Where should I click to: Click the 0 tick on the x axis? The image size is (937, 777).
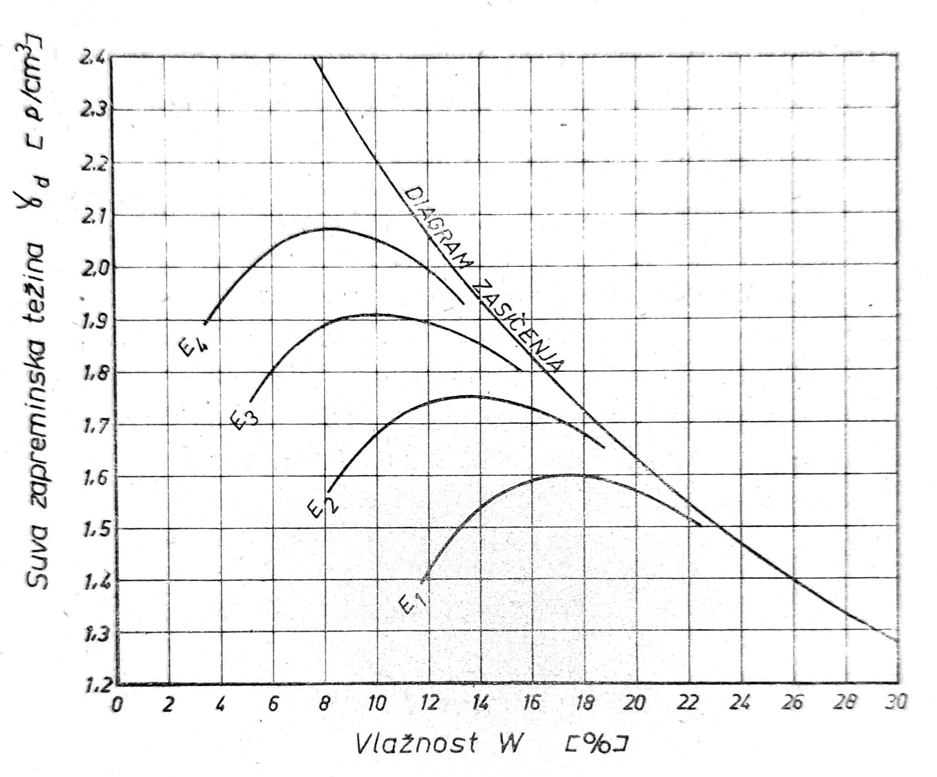[117, 705]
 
